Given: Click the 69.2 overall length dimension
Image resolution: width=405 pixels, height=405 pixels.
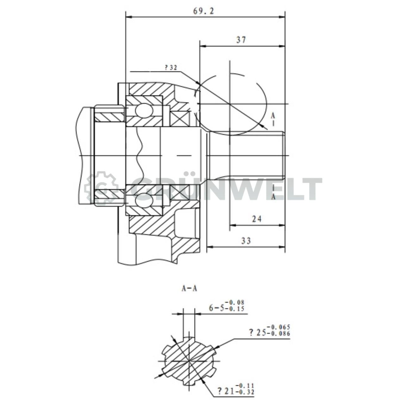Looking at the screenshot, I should pyautogui.click(x=203, y=11).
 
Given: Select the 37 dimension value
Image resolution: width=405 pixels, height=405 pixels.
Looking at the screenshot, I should pyautogui.click(x=241, y=40).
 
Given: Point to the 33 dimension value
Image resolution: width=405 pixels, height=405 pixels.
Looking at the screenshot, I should pyautogui.click(x=246, y=241).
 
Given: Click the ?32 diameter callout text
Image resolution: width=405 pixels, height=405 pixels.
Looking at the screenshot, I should pyautogui.click(x=171, y=67).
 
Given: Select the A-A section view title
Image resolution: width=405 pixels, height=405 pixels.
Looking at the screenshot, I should pyautogui.click(x=189, y=289).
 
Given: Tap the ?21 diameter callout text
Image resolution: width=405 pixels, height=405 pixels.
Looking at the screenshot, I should pyautogui.click(x=225, y=391).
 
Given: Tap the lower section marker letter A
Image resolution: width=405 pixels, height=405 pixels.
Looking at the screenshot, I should pyautogui.click(x=273, y=197).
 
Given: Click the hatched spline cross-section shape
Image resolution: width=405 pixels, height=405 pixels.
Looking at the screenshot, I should pyautogui.click(x=189, y=361).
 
